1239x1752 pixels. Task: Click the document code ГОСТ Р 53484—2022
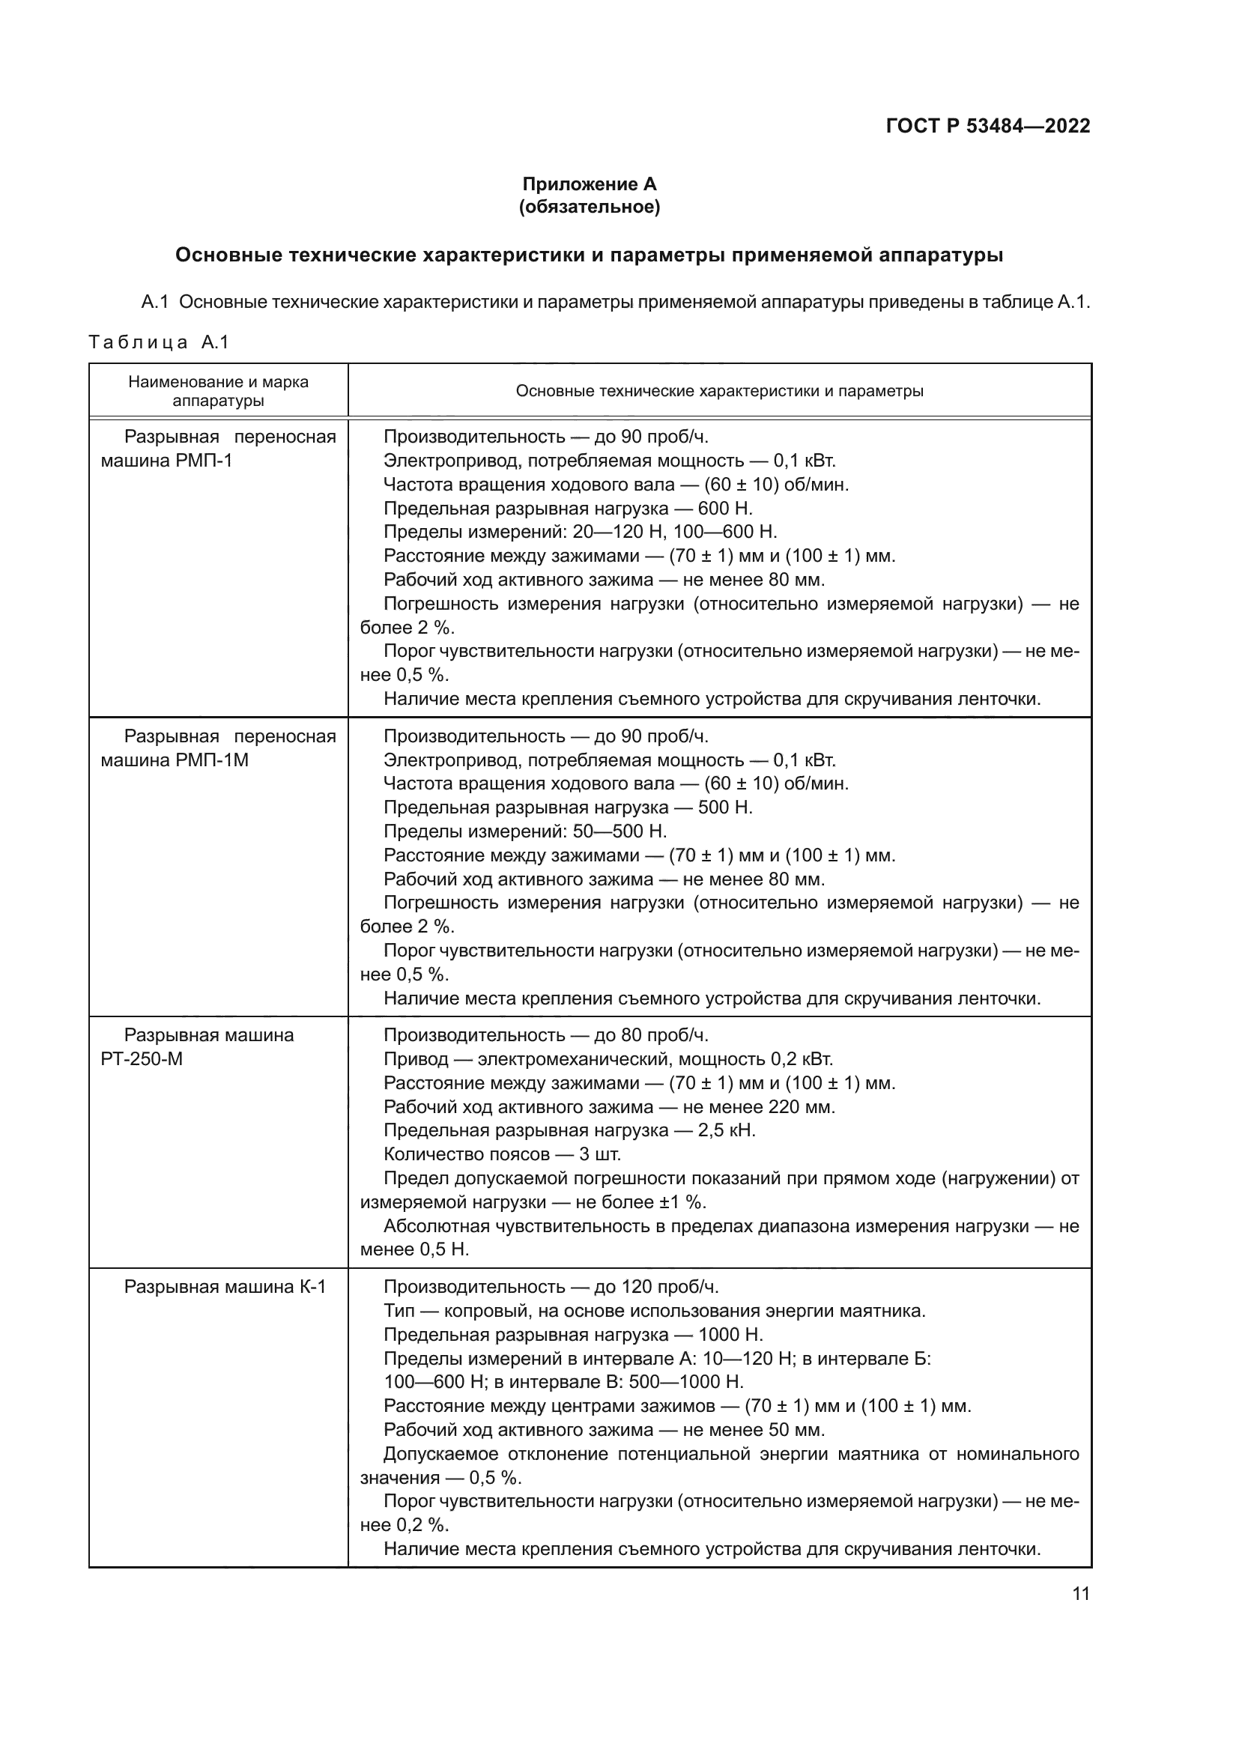988,127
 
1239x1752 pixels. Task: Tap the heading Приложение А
589,184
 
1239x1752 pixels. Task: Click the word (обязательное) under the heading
589,207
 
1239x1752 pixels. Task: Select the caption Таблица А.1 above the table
159,342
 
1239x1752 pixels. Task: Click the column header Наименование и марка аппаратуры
218,391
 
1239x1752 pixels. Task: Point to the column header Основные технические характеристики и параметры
719,392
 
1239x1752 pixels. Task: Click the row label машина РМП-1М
175,760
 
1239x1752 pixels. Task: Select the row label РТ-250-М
142,1059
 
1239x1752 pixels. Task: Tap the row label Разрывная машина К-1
225,1287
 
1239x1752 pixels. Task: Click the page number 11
1080,1593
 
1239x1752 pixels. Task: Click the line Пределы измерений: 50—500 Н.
525,831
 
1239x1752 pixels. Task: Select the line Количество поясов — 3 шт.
502,1154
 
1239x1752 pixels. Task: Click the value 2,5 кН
727,1130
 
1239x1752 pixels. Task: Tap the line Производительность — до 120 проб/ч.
551,1287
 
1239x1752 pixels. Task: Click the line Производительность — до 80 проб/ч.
545,1034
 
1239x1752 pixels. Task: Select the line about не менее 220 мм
609,1106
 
